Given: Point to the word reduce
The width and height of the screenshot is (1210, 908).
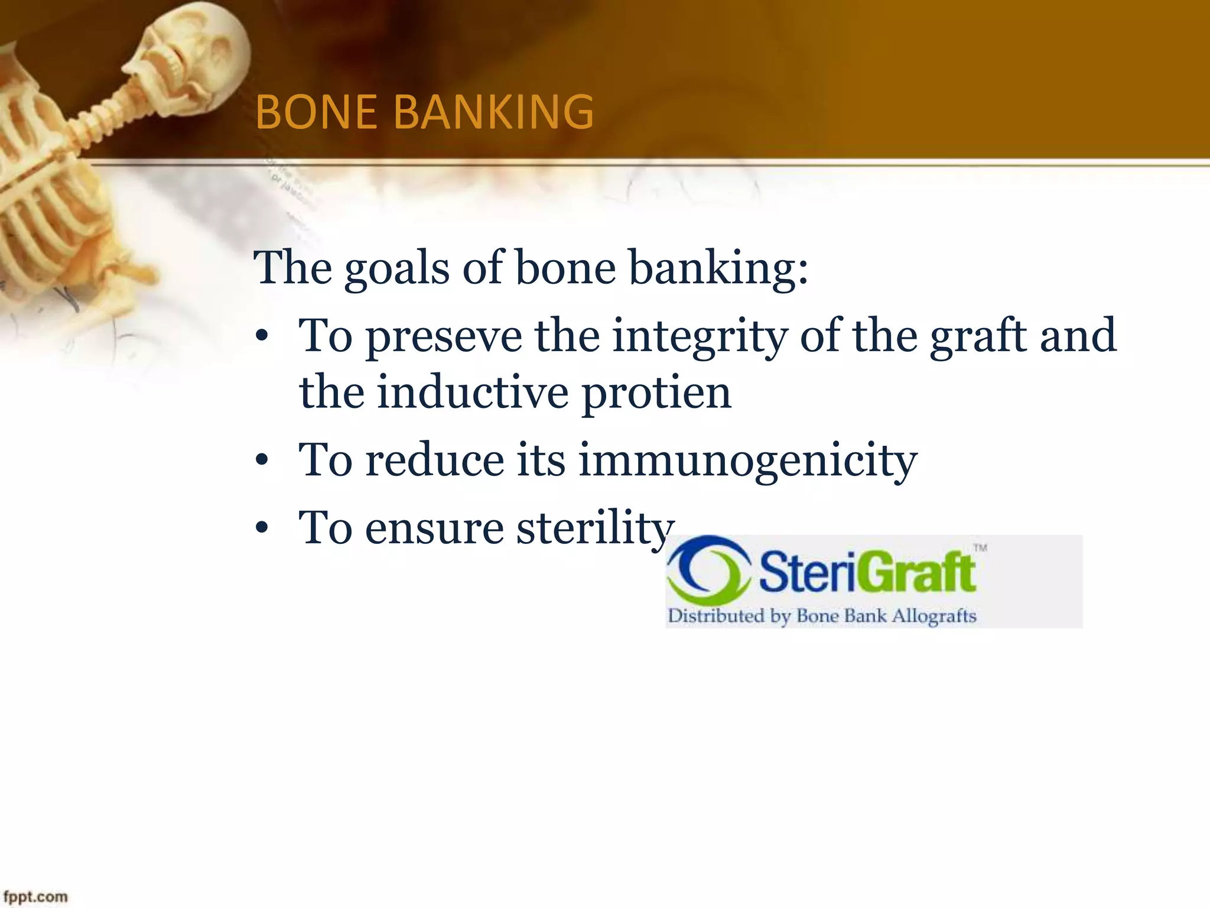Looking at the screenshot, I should (434, 461).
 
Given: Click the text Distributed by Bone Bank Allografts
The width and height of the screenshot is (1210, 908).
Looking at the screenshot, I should (821, 616).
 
